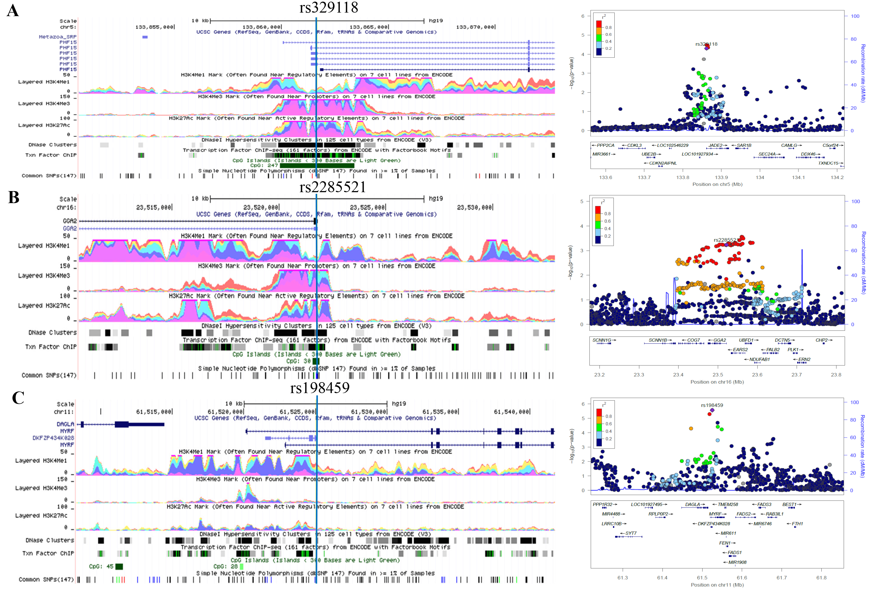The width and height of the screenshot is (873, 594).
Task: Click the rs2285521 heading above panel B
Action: click(332, 187)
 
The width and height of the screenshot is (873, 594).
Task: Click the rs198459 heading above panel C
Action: click(320, 388)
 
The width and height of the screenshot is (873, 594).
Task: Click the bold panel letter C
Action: click(18, 398)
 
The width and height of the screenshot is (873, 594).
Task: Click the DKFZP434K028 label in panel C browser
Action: click(53, 438)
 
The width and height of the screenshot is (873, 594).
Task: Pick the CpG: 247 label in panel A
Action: click(264, 165)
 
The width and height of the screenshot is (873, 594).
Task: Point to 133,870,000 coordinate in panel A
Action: click(475, 27)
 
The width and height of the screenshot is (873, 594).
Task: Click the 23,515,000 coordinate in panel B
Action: click(154, 207)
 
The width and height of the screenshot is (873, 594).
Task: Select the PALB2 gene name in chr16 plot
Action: click(772, 350)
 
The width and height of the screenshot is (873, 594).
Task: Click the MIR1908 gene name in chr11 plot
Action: click(737, 562)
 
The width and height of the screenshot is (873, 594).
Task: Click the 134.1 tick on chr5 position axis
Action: click(798, 177)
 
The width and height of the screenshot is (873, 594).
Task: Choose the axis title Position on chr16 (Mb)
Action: click(717, 382)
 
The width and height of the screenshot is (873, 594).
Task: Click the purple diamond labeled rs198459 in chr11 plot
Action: click(712, 410)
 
